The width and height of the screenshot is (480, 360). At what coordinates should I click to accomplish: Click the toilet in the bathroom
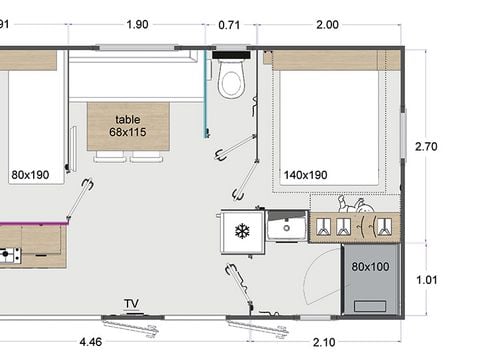click(x=231, y=79)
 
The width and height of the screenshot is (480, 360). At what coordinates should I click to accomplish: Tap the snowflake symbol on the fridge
click(x=240, y=231)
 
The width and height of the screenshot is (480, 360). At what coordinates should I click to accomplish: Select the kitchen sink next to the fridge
click(x=287, y=228)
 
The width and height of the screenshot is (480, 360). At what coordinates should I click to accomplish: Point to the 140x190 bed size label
click(x=306, y=175)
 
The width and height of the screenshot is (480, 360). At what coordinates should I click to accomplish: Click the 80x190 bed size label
click(x=30, y=175)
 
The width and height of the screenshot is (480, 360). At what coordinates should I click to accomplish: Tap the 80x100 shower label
click(x=370, y=267)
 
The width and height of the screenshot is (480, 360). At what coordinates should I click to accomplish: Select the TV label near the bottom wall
click(x=131, y=303)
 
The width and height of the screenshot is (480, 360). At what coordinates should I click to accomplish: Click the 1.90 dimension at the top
click(x=138, y=24)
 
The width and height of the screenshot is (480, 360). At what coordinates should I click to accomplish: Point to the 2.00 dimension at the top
click(x=327, y=24)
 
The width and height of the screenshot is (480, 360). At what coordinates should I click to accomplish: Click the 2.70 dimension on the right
click(x=426, y=147)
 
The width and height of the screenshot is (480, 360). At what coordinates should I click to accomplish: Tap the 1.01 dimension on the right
click(x=426, y=280)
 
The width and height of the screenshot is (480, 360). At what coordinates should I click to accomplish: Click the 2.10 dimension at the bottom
click(x=324, y=343)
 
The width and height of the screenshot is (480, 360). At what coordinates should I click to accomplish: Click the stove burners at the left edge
click(x=7, y=255)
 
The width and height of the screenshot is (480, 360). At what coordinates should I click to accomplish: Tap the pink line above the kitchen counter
click(x=30, y=222)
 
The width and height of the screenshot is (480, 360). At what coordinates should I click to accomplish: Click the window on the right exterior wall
click(x=403, y=135)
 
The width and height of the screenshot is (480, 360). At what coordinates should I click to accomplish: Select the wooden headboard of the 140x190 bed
click(x=332, y=60)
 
